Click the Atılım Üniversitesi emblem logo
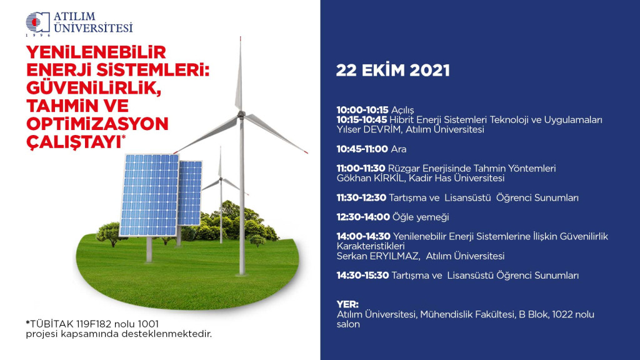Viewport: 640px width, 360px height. (37, 22)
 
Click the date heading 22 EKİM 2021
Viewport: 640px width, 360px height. (392, 70)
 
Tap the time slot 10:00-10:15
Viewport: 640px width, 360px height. (362, 110)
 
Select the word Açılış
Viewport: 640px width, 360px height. (402, 110)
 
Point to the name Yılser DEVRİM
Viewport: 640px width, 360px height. (369, 129)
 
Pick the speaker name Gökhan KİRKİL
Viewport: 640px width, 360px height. (371, 178)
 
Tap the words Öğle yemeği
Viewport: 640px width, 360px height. (421, 217)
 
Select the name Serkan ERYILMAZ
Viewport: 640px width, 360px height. (378, 256)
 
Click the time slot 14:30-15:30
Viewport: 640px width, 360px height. (362, 276)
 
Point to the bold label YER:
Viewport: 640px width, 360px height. (347, 304)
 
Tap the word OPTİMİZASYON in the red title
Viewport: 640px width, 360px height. (97, 124)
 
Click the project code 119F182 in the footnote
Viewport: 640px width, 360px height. (94, 324)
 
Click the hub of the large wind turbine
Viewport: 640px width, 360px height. (241, 115)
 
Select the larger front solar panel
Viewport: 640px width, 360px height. (149, 195)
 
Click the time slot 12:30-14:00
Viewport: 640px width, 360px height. (363, 217)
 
